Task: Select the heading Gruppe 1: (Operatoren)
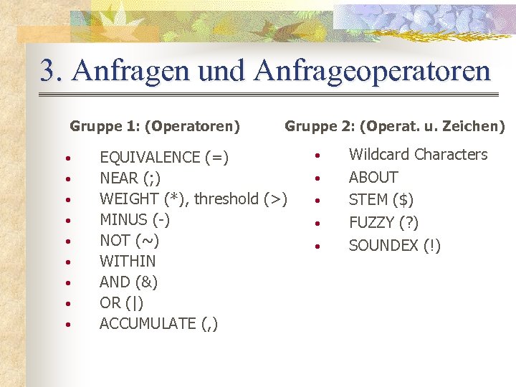(155, 127)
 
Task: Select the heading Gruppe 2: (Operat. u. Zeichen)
(395, 127)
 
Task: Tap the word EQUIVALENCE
(150, 158)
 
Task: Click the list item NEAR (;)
(130, 178)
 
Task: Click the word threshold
(226, 199)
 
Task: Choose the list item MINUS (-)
(135, 219)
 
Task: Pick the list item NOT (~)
(129, 240)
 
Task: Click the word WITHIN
(128, 261)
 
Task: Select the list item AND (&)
(129, 282)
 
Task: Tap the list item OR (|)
(122, 302)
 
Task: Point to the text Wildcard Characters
(418, 155)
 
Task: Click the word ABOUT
(373, 177)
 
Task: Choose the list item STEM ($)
(381, 200)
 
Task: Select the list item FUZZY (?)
(383, 223)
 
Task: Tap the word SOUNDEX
(383, 246)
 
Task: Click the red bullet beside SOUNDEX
(316, 247)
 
